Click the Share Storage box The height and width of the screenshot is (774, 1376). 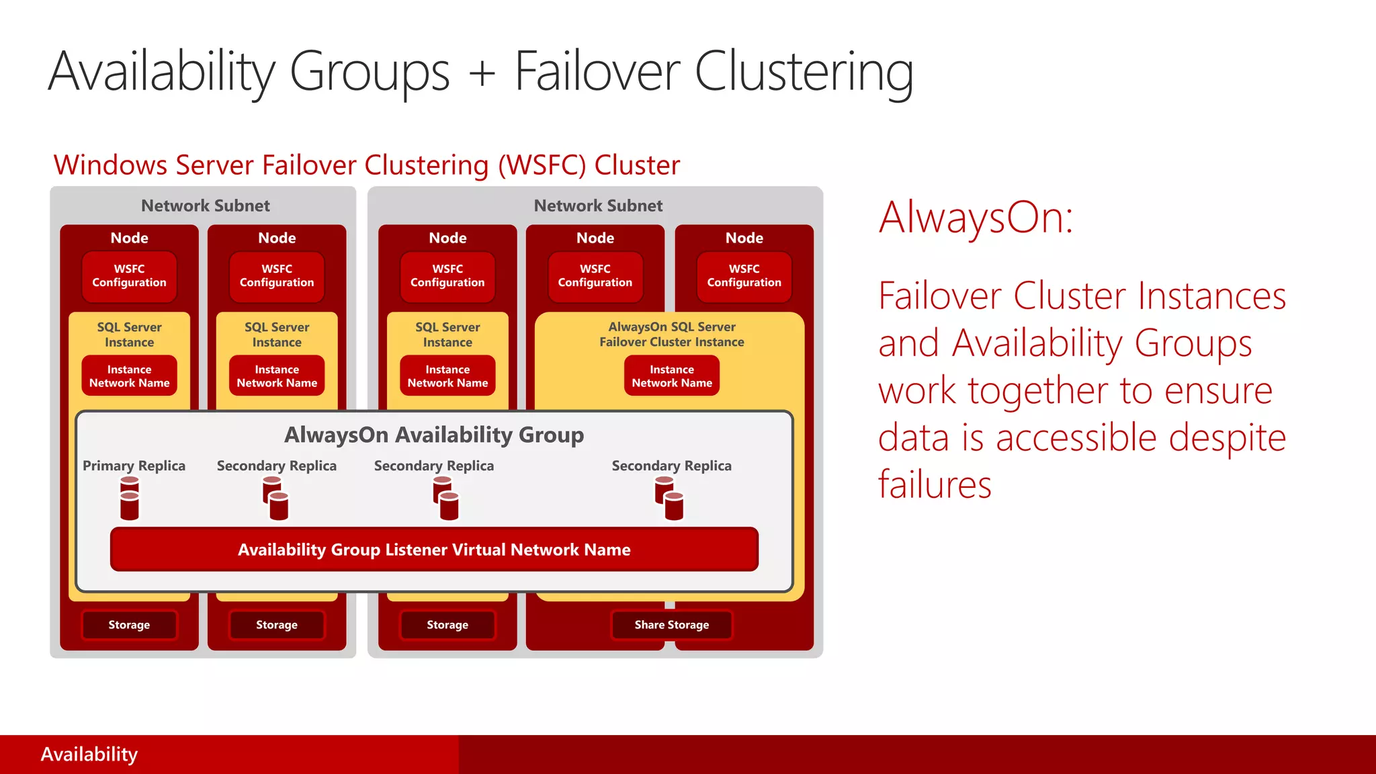pos(671,625)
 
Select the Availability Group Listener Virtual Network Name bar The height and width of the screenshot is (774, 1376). pos(434,550)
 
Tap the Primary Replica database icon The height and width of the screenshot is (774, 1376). pos(130,498)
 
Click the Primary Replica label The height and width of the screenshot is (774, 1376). pos(134,466)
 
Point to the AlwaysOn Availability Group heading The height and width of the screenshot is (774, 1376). pos(434,435)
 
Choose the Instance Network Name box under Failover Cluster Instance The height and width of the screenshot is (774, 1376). pos(671,376)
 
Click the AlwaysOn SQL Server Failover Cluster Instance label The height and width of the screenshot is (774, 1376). pos(671,334)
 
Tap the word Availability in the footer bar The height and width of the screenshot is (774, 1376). pos(89,755)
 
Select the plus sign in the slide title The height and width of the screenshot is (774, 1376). pos(482,73)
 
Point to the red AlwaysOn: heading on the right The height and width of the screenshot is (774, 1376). pos(976,218)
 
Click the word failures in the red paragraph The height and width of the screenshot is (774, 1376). pos(935,484)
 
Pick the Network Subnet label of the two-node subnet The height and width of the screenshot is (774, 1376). pos(205,206)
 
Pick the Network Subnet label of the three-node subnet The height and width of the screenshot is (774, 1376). pos(598,206)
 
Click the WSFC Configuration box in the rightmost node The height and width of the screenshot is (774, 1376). pos(744,275)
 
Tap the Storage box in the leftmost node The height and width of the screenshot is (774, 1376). pos(129,625)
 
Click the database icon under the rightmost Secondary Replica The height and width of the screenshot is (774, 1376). pos(669,498)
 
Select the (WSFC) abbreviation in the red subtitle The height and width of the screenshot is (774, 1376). pos(542,165)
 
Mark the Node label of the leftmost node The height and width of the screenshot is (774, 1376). pos(129,238)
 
